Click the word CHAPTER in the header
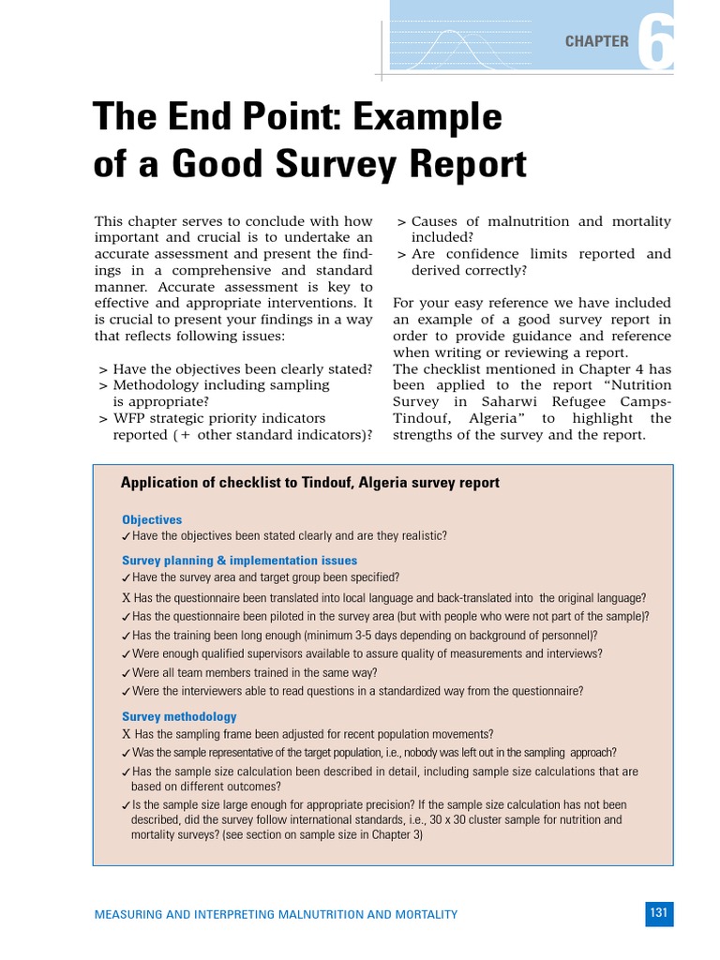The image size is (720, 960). [x=596, y=41]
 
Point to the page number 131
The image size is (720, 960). [x=658, y=912]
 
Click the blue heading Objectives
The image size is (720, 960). [x=152, y=519]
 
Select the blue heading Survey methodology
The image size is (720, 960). [x=179, y=717]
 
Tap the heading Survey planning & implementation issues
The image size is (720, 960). [x=238, y=561]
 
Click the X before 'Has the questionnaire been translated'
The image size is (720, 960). [x=126, y=598]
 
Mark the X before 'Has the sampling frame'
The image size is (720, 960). [x=126, y=735]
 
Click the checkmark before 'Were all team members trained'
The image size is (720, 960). [x=126, y=673]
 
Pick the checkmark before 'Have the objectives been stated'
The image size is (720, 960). [x=126, y=537]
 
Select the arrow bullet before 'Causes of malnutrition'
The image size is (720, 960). [x=400, y=222]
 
